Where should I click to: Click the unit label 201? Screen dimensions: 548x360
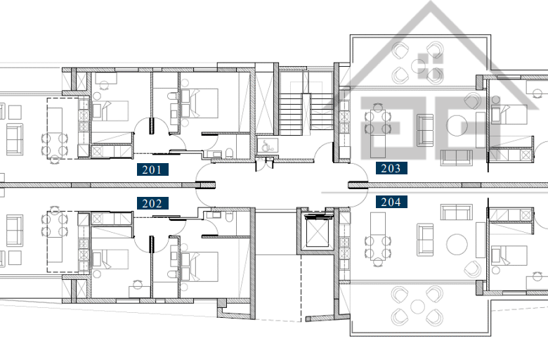152,169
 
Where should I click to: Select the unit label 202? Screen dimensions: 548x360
152,203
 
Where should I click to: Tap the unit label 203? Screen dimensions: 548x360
391,168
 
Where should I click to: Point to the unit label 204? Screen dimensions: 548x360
391,202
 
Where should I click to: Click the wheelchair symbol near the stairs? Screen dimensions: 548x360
268,145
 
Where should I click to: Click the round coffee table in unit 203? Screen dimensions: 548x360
457,126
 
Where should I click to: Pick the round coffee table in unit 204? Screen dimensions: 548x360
457,245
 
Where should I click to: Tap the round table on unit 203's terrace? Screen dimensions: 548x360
418,65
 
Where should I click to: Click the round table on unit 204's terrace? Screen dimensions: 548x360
417,307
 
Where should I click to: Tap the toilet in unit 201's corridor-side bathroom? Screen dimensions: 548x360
229,153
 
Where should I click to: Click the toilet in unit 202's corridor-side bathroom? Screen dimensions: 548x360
229,217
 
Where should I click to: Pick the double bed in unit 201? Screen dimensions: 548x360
200,103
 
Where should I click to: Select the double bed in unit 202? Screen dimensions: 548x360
200,266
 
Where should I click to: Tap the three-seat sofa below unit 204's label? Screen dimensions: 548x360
457,212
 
